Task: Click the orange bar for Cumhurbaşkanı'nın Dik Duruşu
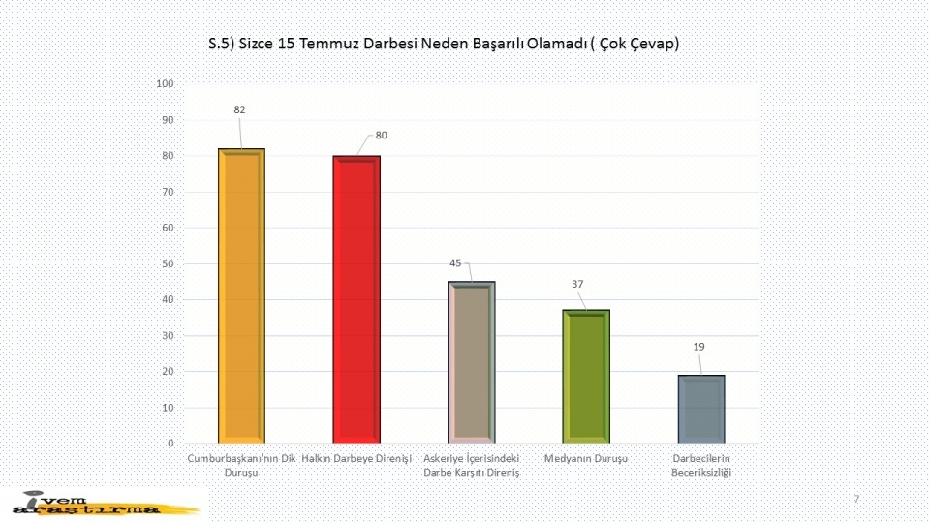coord(241,295)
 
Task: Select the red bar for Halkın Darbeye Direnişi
coord(356,298)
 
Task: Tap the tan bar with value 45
coord(472,361)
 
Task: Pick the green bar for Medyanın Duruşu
coord(586,376)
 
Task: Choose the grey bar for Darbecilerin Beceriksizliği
coord(701,409)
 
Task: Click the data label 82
coord(239,110)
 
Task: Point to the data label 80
coord(382,135)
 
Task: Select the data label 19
coord(697,346)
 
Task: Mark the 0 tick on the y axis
coord(170,444)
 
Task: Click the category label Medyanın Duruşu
coord(586,457)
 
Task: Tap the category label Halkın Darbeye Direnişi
coord(356,457)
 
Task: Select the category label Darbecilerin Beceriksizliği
coord(701,464)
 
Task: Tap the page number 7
coord(856,498)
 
